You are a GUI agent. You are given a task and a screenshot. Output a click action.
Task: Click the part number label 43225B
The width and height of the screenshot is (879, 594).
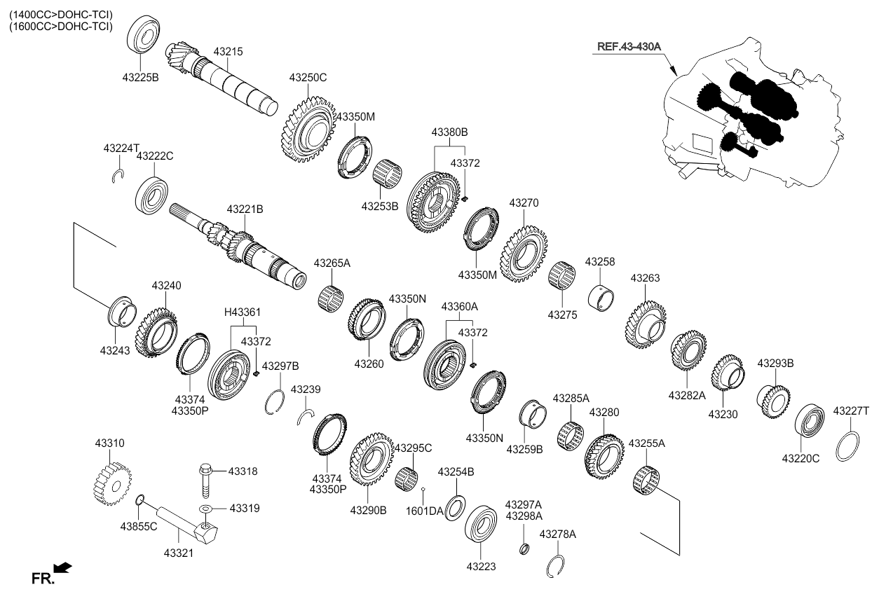141,78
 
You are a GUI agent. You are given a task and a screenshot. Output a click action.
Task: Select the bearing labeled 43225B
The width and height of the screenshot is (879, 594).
144,33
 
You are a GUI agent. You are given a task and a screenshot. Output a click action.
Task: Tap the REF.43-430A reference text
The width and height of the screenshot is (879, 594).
629,46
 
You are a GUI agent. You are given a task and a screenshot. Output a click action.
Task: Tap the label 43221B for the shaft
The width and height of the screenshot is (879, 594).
244,209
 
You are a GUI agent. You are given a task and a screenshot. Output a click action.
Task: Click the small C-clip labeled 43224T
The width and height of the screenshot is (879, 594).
118,175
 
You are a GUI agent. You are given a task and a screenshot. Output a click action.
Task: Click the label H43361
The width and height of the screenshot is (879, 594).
242,312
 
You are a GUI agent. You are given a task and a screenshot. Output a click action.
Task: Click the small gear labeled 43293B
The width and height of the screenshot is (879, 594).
773,400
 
